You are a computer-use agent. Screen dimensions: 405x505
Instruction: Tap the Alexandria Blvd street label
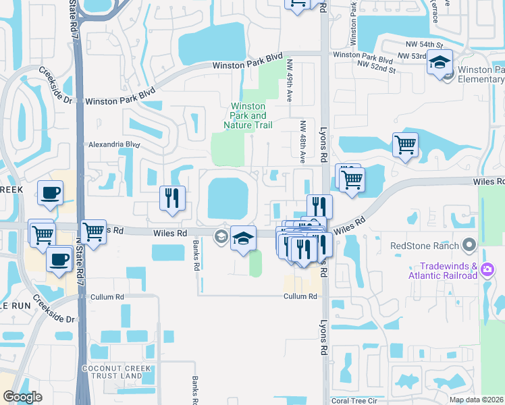coord(113,144)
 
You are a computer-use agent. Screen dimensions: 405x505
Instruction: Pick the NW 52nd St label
coord(376,67)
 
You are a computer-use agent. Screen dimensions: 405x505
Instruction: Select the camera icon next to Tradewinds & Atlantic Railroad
coord(487,270)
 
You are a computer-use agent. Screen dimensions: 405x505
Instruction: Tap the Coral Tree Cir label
coord(358,400)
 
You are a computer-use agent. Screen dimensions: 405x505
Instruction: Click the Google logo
coord(22,398)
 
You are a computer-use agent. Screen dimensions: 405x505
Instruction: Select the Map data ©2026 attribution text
coord(476,400)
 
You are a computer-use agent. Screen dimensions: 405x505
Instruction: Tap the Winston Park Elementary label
coord(481,74)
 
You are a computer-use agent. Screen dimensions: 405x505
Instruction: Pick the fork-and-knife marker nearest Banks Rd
coord(171,198)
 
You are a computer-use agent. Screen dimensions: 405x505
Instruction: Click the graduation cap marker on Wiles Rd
coord(243,238)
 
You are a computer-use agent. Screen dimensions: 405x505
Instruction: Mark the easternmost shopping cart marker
coord(404,144)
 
